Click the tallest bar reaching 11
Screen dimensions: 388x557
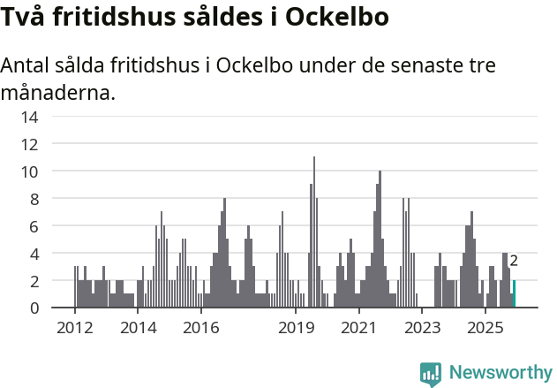click(x=314, y=232)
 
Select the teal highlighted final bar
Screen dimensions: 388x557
click(x=515, y=294)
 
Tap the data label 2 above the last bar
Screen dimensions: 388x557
click(x=514, y=261)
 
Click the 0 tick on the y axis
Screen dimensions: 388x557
click(x=34, y=308)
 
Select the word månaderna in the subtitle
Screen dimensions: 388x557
click(x=58, y=92)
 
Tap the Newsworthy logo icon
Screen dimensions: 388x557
click(x=431, y=373)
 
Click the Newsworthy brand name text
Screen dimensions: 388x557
click(x=500, y=373)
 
